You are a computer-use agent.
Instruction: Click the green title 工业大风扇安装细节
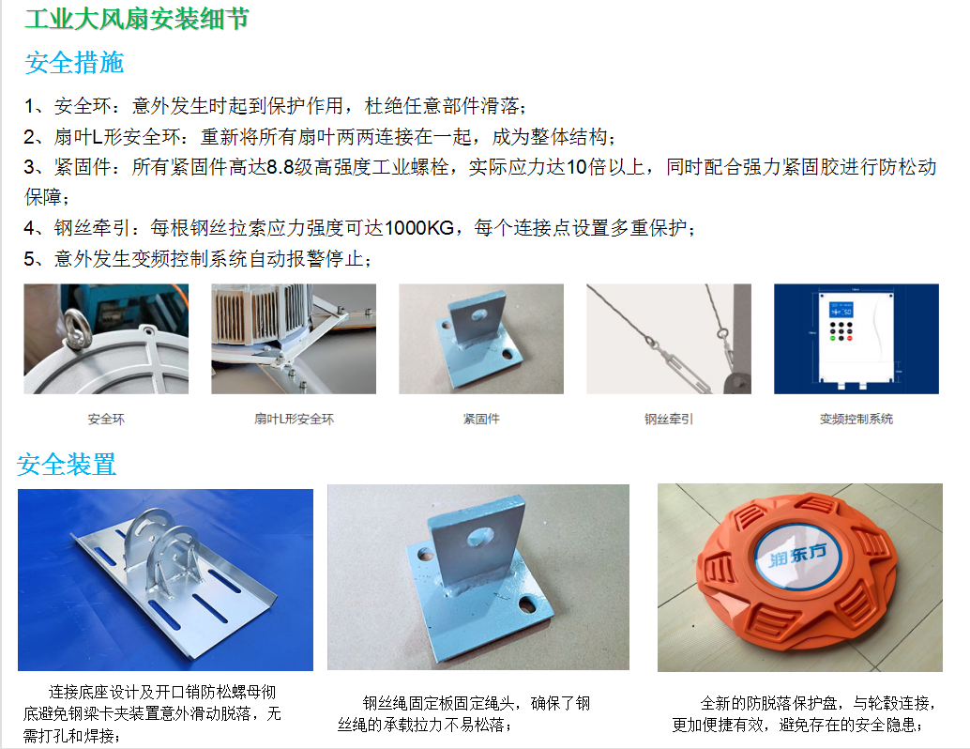(137, 19)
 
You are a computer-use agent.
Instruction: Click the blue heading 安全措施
(74, 63)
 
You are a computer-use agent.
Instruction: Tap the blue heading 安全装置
(67, 465)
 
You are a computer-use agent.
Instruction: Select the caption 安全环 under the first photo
(106, 419)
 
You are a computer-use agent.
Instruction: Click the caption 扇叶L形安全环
(294, 419)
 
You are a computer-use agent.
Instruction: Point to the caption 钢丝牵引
(669, 419)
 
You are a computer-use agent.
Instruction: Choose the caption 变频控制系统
(856, 419)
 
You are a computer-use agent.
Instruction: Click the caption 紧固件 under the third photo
(481, 419)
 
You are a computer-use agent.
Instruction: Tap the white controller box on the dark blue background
(856, 338)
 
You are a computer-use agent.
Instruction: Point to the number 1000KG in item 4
(419, 228)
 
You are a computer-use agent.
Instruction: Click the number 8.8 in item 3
(280, 167)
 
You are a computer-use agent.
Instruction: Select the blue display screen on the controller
(841, 310)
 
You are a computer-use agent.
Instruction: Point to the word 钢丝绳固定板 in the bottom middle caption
(408, 703)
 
